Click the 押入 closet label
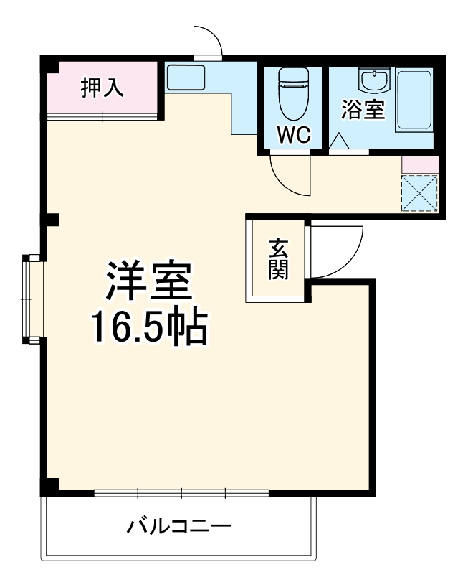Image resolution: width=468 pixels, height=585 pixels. pyautogui.click(x=102, y=87)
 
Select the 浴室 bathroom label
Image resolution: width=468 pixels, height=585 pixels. pyautogui.click(x=363, y=111)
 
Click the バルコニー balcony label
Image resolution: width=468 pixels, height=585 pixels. pyautogui.click(x=179, y=528)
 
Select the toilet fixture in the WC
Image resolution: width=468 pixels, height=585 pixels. pyautogui.click(x=292, y=94)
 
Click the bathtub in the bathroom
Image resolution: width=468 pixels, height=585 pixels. pyautogui.click(x=414, y=100)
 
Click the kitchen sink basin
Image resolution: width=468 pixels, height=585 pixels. pyautogui.click(x=186, y=78)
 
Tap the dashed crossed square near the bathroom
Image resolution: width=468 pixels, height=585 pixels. pyautogui.click(x=419, y=192)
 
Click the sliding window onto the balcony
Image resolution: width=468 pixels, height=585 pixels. pyautogui.click(x=181, y=493)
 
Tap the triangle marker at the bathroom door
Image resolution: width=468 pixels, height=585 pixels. pyautogui.click(x=340, y=141)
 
